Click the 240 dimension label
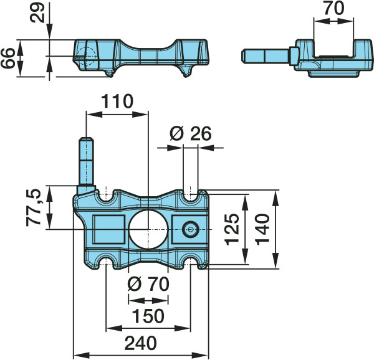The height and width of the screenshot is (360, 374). click(x=141, y=343)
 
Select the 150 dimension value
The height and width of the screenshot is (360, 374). click(x=148, y=316)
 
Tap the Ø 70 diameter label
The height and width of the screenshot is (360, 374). click(x=148, y=284)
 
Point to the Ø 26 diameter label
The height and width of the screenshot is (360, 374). click(x=190, y=133)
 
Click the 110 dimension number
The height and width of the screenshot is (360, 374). click(x=117, y=102)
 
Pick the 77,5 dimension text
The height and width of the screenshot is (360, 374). click(x=33, y=207)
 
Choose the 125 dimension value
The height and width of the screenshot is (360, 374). click(x=232, y=229)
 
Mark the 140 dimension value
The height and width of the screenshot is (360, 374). click(x=262, y=229)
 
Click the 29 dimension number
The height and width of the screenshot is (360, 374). click(x=37, y=12)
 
